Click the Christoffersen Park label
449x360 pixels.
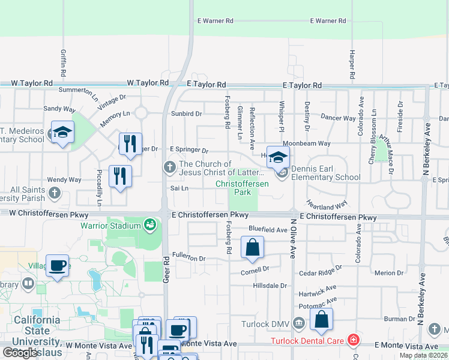[242, 188]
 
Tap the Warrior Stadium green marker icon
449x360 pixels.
[149, 226]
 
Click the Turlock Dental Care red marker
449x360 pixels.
[354, 341]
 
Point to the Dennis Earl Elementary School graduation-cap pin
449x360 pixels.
[278, 158]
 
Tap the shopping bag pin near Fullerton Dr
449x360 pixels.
[252, 247]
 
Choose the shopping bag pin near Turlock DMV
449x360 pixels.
[322, 320]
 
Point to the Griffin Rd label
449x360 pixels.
[63, 62]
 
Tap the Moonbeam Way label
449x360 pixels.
[307, 144]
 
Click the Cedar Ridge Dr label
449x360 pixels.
[321, 271]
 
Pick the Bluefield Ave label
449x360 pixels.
[268, 229]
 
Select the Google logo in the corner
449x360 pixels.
[20, 353]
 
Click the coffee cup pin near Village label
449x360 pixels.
[58, 267]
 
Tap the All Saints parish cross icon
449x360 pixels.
[55, 193]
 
